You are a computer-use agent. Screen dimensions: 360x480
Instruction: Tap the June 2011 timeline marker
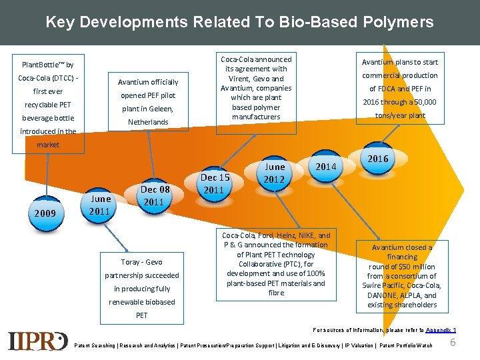point(99,205)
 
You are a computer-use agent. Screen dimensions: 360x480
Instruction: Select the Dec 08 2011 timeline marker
point(153,195)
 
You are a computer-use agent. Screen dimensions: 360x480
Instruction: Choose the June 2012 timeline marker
point(274,173)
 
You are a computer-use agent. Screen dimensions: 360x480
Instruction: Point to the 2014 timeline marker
point(325,166)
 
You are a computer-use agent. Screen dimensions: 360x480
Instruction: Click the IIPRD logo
point(38,340)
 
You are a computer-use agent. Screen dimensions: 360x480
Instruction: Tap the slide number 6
point(453,342)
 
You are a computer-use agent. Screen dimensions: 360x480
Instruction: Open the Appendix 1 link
point(441,330)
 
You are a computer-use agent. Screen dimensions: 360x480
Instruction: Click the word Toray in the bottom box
point(131,262)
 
